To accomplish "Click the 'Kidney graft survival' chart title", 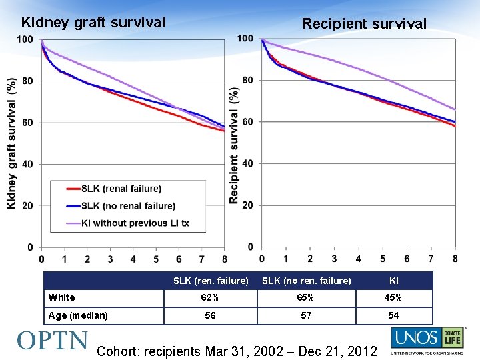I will pyautogui.click(x=93, y=23).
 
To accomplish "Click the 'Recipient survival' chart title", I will pyautogui.click(x=364, y=24).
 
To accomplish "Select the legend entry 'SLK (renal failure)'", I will pyautogui.click(x=121, y=189).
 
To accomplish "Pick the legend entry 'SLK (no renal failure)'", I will pyautogui.click(x=128, y=206).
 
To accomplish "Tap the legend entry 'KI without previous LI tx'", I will pyautogui.click(x=135, y=223).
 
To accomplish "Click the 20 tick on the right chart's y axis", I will pyautogui.click(x=247, y=205).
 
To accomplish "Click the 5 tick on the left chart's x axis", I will pyautogui.click(x=156, y=259).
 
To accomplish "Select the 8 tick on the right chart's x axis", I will pyautogui.click(x=455, y=258).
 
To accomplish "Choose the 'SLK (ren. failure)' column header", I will pyautogui.click(x=211, y=281).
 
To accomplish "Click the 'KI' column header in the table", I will pyautogui.click(x=394, y=281).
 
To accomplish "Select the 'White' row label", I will pyautogui.click(x=62, y=297).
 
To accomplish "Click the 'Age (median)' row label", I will pyautogui.click(x=78, y=315).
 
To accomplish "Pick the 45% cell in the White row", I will pyautogui.click(x=394, y=298).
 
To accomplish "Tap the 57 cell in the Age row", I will pyautogui.click(x=306, y=315).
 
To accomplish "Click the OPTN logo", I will pyautogui.click(x=52, y=341).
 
